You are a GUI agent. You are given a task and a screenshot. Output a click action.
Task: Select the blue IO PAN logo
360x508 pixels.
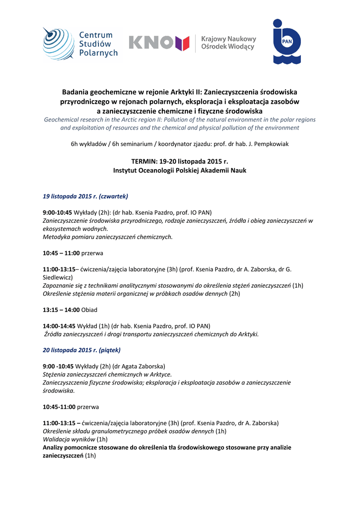pos(287,42)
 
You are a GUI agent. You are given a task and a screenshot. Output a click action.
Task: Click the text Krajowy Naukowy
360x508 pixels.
pos(228,39)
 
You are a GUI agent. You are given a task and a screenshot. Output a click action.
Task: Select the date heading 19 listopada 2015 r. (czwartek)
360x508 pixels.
pos(85,196)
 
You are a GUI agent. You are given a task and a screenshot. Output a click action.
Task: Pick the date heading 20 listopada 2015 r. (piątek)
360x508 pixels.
pos(81,350)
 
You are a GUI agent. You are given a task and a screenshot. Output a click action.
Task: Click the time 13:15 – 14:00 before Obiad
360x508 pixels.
pos(61,310)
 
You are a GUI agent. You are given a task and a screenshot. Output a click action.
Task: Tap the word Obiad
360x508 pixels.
pos(89,310)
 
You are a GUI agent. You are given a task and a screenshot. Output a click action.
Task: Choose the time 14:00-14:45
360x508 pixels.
pos(59,326)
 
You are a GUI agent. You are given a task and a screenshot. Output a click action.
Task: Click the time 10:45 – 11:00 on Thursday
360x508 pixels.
pos(61,253)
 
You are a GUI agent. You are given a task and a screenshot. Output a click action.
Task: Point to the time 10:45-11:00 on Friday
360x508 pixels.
pos(59,407)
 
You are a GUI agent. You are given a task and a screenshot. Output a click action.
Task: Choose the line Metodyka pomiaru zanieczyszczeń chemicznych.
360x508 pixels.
pos(108,237)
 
